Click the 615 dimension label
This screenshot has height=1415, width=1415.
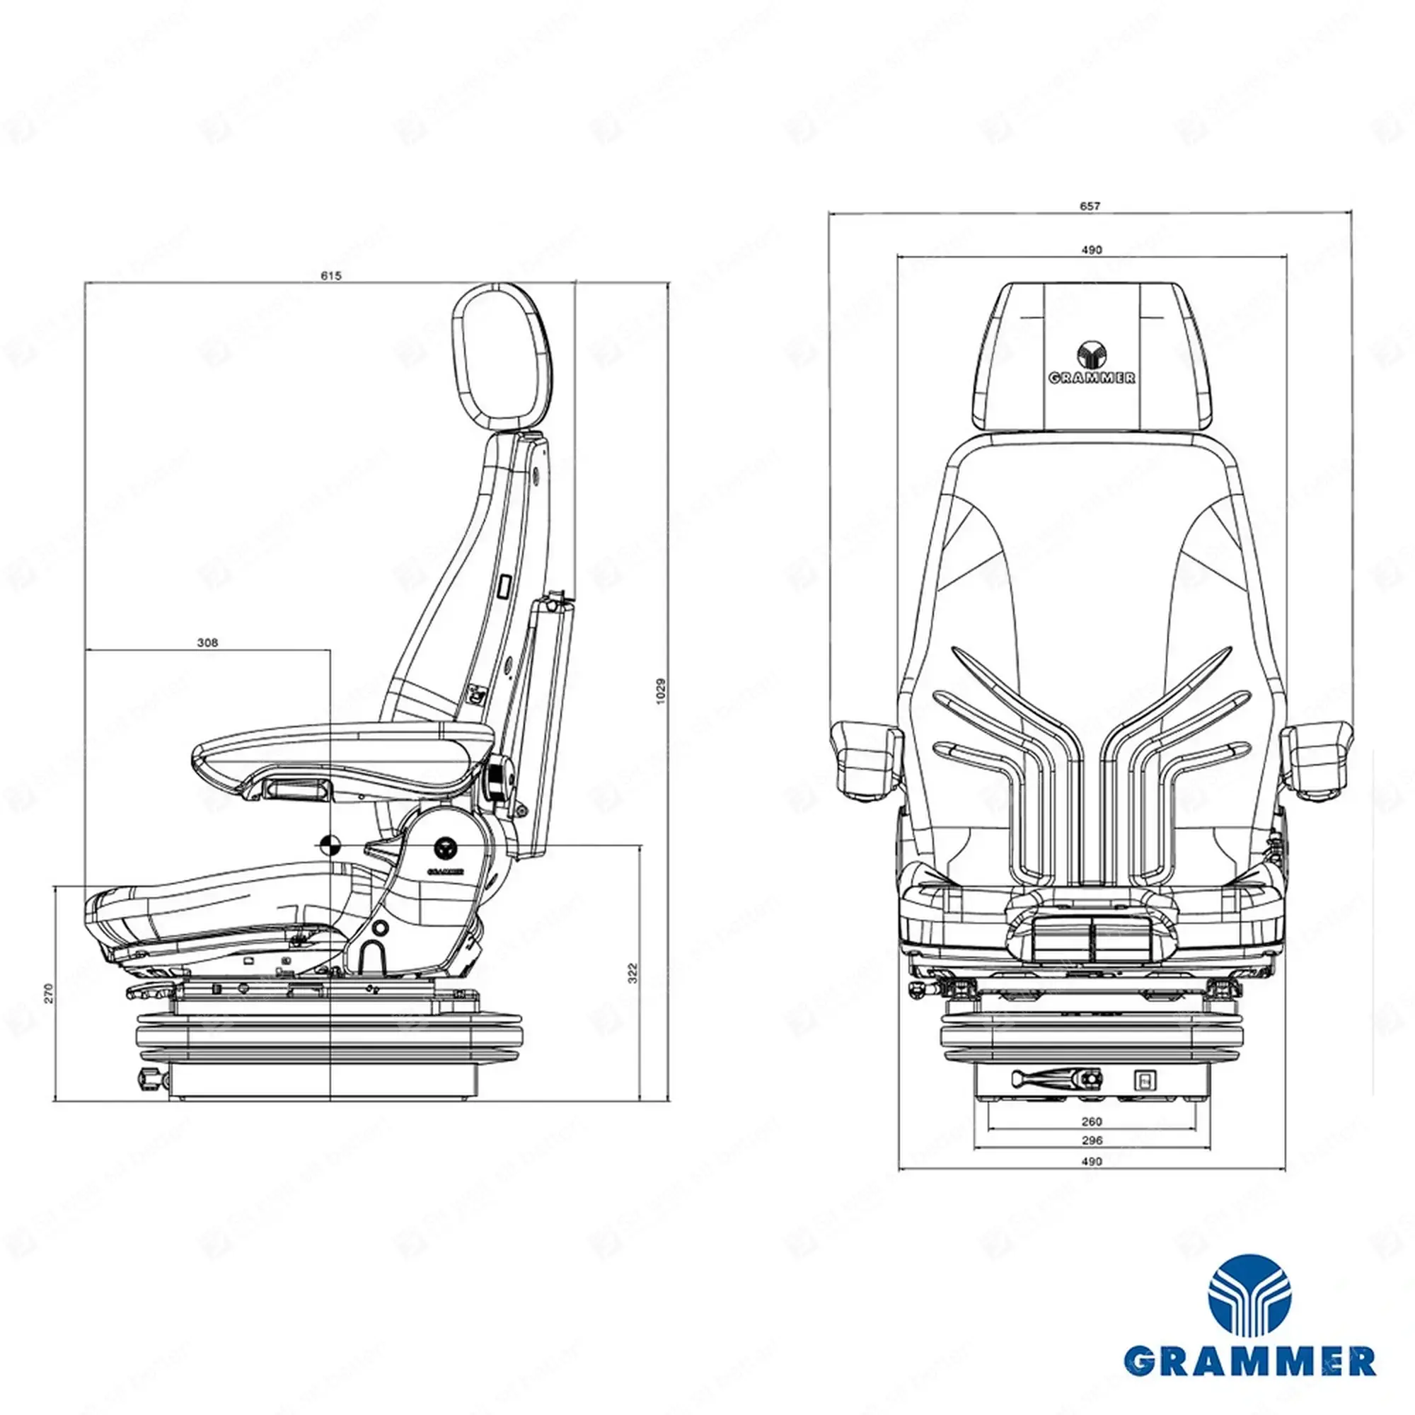point(331,276)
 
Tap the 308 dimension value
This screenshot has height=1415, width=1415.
point(208,643)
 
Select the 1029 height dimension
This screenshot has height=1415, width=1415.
point(661,691)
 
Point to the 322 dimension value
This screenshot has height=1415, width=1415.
point(633,972)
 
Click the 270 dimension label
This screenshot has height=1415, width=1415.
point(48,993)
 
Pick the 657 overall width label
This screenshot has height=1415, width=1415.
point(1090,207)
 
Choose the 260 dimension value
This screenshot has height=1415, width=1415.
point(1091,1121)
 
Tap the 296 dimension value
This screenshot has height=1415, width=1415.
point(1091,1140)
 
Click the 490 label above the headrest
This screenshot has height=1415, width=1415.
point(1091,250)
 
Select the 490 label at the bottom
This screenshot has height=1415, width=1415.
point(1091,1161)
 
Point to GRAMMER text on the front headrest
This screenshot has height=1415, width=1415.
point(1092,379)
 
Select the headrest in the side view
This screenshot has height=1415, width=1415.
point(502,356)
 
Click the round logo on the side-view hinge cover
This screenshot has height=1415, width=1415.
point(444,848)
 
